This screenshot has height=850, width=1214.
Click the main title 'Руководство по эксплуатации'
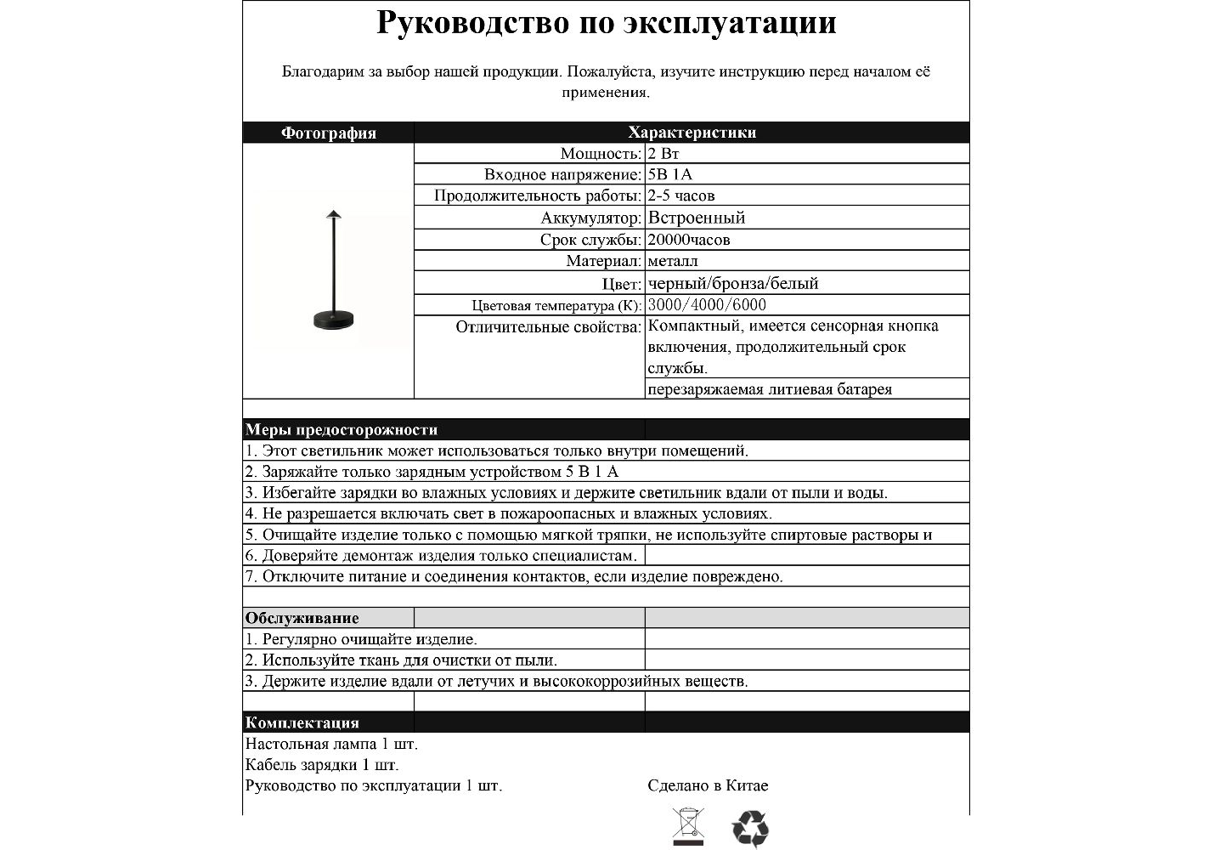606,23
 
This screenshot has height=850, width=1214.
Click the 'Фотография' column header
328,133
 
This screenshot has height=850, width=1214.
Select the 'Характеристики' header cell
692,133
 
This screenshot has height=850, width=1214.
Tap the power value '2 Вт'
663,154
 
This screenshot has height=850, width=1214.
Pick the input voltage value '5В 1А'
670,175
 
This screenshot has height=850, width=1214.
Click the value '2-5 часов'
681,196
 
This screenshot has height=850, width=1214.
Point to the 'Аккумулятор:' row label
591,218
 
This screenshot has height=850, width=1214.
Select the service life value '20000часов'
689,240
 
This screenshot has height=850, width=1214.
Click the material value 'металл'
673,261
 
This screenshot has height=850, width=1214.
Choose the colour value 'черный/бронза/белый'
733,283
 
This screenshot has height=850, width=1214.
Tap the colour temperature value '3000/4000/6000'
707,305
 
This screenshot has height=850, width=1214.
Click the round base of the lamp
333,320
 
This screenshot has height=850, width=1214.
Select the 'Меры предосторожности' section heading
342,430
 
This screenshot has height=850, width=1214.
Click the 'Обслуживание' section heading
302,618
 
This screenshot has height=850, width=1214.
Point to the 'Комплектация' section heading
302,723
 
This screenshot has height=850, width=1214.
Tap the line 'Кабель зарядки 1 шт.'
322,765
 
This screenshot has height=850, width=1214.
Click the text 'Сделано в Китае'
708,785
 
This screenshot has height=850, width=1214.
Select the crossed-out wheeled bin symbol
688,827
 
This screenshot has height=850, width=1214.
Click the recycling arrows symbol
750,828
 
